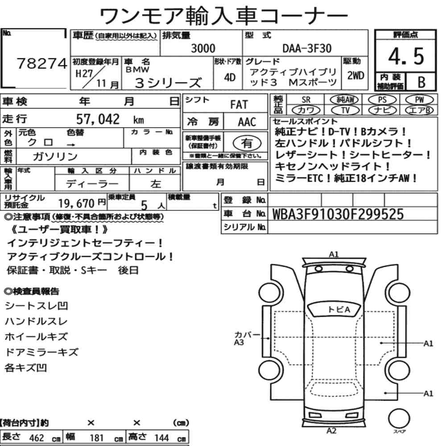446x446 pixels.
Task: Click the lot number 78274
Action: coord(42,63)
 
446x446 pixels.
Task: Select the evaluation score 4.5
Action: coord(406,56)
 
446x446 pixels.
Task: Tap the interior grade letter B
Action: coord(421,82)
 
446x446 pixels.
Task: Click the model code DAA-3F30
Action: coord(307,48)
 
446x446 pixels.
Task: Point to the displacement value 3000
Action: coord(203,48)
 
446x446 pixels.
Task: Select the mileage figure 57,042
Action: coord(98,119)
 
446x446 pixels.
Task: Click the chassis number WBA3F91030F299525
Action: coord(338,214)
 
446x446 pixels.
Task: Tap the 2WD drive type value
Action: coord(355,76)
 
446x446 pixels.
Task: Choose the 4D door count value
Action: coord(230,77)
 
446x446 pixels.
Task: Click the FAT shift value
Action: coord(239,104)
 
